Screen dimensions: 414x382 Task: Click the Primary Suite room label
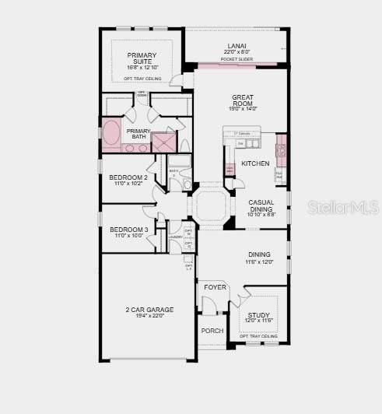click(142, 59)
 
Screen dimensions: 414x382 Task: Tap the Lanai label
click(237, 46)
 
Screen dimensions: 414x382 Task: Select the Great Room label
click(242, 102)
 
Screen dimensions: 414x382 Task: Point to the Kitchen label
click(255, 163)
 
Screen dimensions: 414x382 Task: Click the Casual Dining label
click(261, 206)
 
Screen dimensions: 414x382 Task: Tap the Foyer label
click(215, 287)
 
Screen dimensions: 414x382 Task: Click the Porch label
click(212, 331)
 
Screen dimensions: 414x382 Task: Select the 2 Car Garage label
click(149, 310)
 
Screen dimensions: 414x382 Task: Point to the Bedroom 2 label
click(128, 178)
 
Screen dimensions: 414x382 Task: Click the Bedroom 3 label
click(128, 230)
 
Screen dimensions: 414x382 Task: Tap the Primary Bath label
click(138, 134)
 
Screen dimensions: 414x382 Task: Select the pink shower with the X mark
click(164, 142)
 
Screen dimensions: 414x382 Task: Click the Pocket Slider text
click(236, 59)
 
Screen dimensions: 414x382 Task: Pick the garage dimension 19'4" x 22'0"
click(149, 316)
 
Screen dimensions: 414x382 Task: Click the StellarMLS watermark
click(343, 206)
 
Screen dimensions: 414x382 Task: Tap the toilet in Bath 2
click(187, 184)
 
